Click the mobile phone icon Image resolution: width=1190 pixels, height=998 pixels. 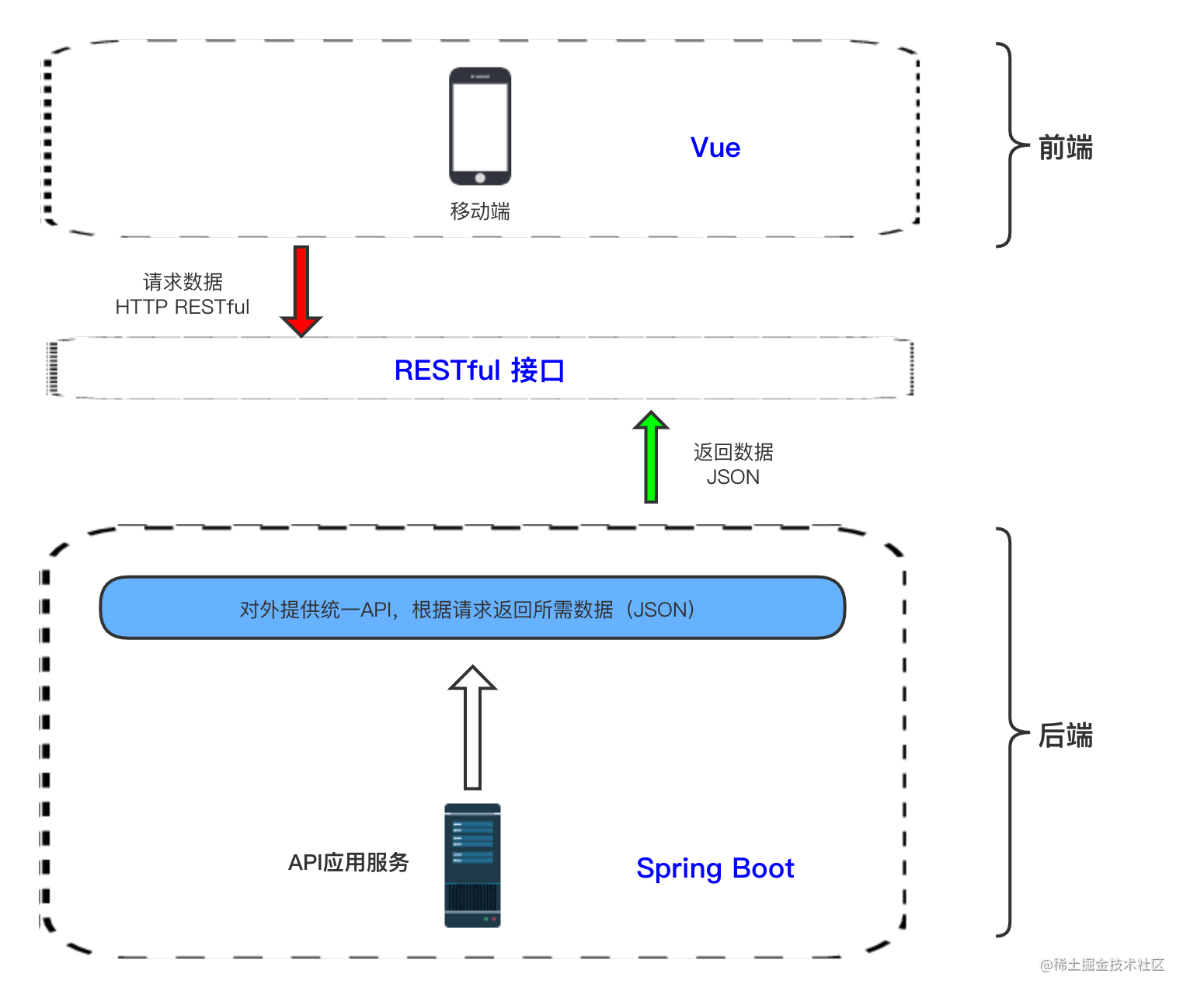click(x=480, y=126)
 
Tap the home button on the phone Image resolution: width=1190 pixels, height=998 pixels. click(x=480, y=178)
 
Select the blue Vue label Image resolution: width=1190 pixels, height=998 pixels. click(x=715, y=148)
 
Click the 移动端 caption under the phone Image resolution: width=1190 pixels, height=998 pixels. click(x=480, y=211)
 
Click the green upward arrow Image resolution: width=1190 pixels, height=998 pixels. click(x=651, y=457)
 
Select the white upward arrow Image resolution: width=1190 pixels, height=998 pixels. click(x=472, y=727)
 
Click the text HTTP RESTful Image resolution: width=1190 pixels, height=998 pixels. click(x=182, y=308)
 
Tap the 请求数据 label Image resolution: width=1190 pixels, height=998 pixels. click(x=183, y=281)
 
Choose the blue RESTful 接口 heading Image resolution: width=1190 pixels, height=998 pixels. click(x=479, y=370)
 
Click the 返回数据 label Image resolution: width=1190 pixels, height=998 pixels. click(x=732, y=452)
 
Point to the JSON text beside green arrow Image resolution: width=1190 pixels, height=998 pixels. click(x=732, y=477)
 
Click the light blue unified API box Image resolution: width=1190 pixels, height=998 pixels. click(x=472, y=608)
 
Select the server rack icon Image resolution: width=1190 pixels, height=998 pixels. click(x=472, y=865)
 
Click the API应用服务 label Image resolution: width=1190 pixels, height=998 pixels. click(x=348, y=862)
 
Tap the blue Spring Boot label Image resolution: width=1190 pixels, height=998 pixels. click(x=715, y=868)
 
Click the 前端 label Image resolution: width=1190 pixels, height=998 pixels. click(x=1065, y=148)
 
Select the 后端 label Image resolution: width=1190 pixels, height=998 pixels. click(x=1065, y=735)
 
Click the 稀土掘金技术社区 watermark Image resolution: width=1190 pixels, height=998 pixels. click(x=1101, y=964)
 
